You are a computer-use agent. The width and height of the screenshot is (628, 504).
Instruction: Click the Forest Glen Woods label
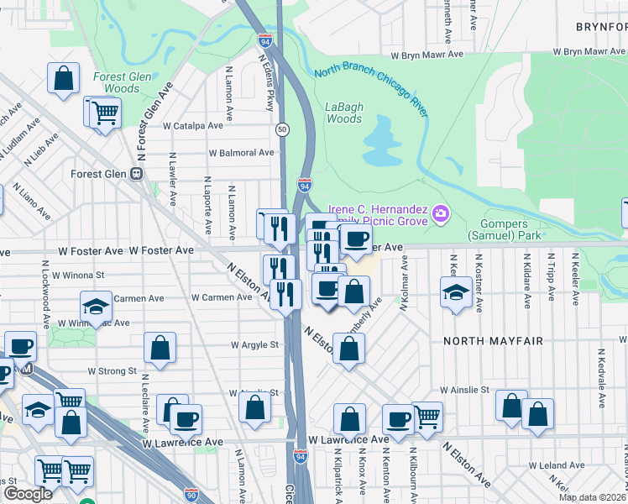(x=122, y=82)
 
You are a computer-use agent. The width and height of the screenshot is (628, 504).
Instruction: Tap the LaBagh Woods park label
(x=343, y=113)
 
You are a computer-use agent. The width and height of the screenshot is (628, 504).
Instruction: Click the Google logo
(x=28, y=494)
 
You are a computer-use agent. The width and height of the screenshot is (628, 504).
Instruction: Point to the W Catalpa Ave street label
(x=193, y=125)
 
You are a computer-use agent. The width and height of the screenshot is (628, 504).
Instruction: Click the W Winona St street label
(x=77, y=274)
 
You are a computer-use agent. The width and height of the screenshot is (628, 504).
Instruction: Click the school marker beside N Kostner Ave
(x=456, y=293)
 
